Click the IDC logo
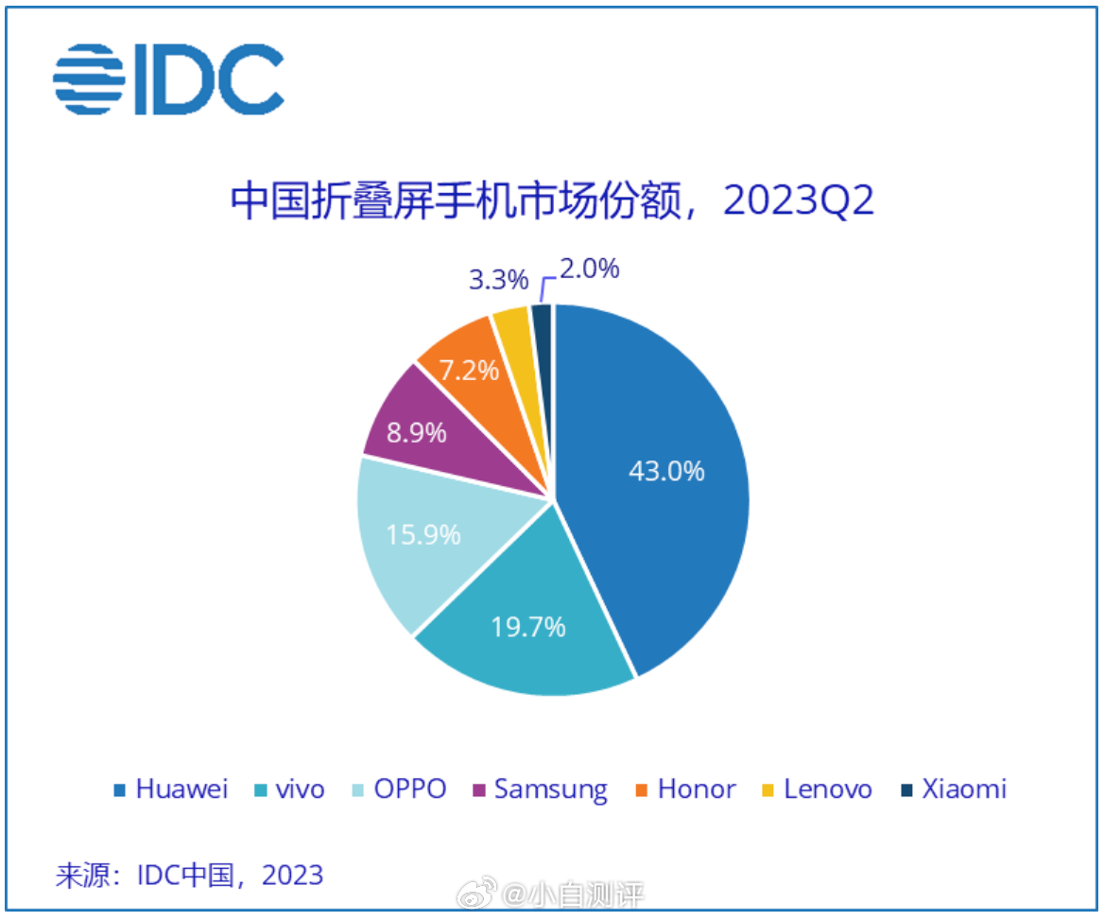pyautogui.click(x=168, y=79)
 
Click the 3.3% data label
pyautogui.click(x=497, y=279)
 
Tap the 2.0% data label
pyautogui.click(x=588, y=269)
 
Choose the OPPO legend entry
pyautogui.click(x=399, y=790)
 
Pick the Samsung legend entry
pyautogui.click(x=540, y=790)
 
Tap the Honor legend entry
pyautogui.click(x=685, y=790)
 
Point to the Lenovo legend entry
pyautogui.click(x=817, y=790)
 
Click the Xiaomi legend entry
pyautogui.click(x=953, y=790)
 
